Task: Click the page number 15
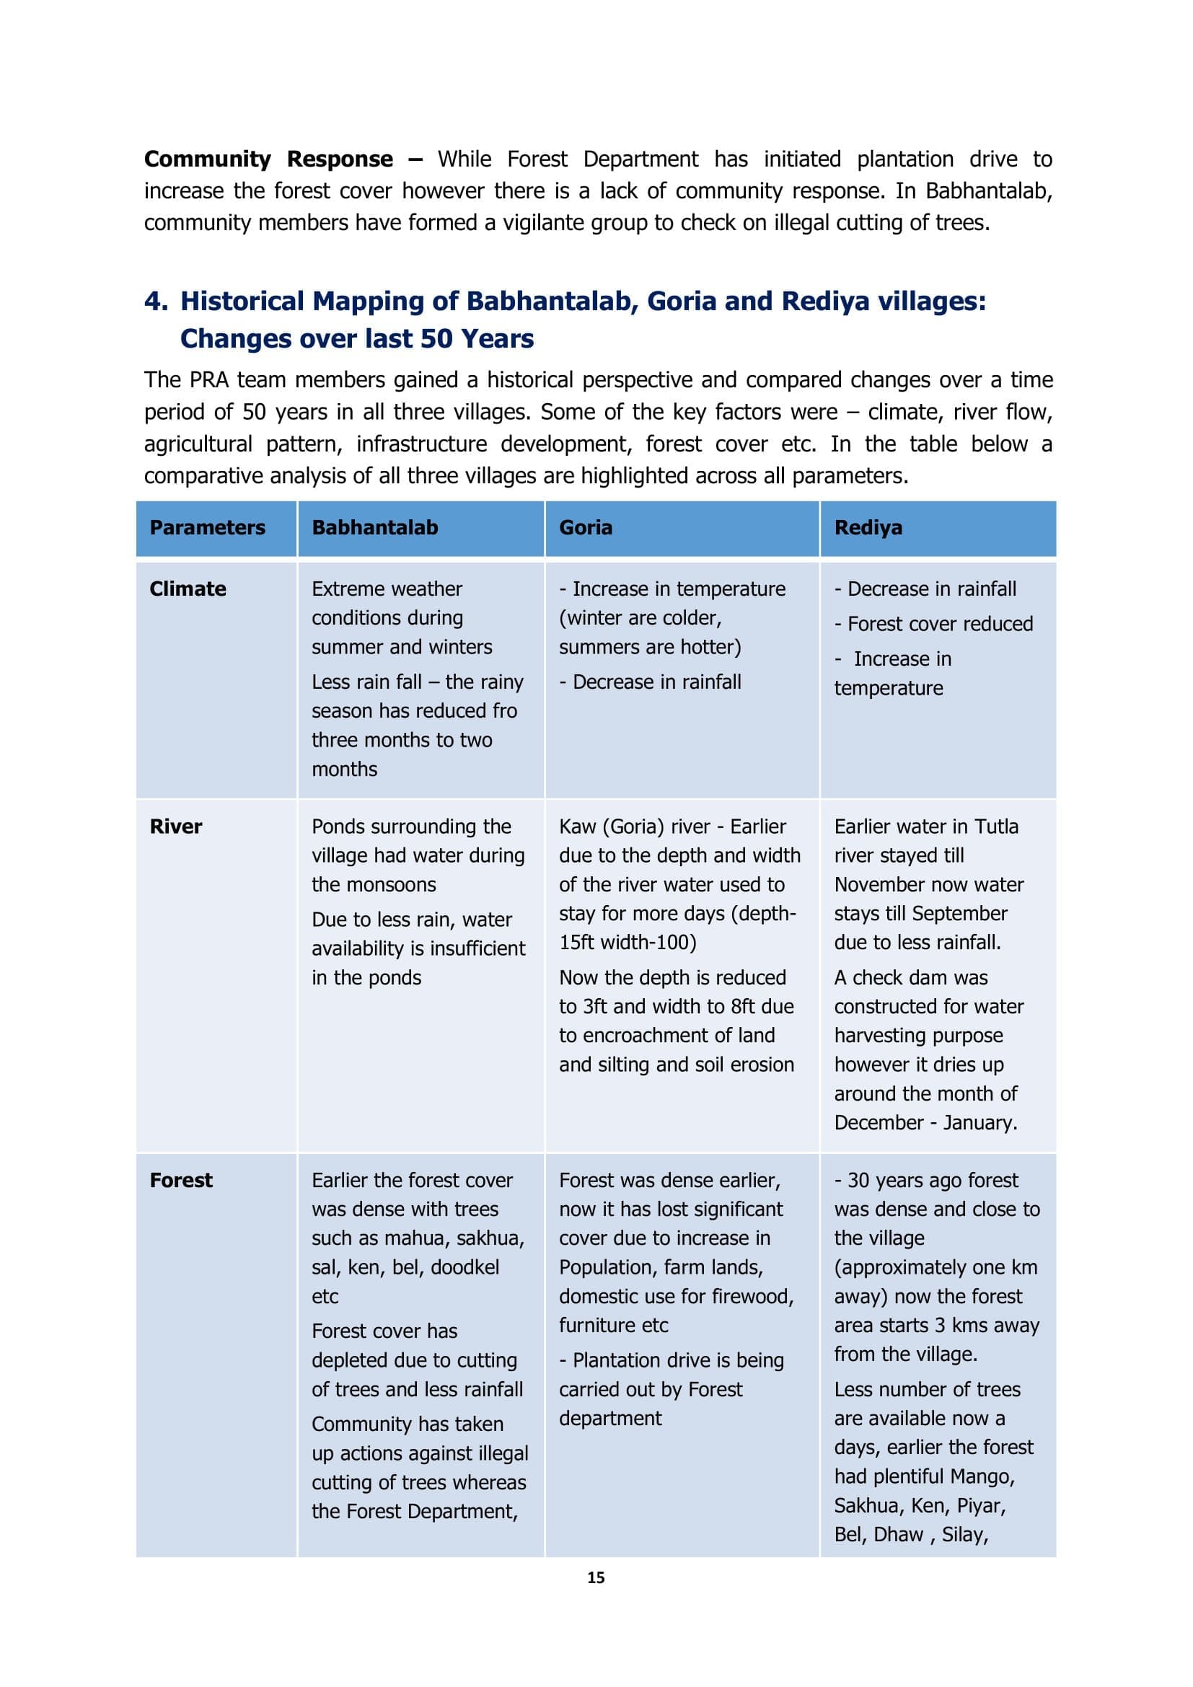click(596, 1577)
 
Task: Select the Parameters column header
click(207, 527)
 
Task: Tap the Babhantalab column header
click(374, 527)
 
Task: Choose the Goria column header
click(586, 527)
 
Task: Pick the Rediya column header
click(868, 527)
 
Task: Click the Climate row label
click(188, 589)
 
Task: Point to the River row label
click(175, 827)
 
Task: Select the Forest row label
click(181, 1180)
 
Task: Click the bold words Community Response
click(268, 159)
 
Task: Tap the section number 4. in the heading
click(156, 301)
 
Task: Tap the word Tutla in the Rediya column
click(996, 827)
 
